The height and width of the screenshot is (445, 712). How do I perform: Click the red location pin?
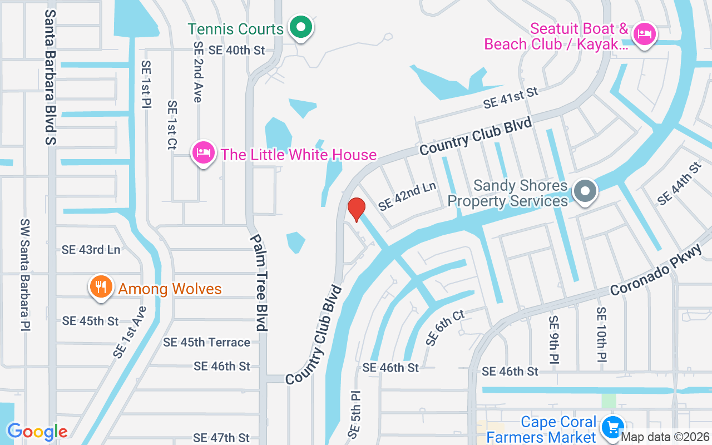point(356,209)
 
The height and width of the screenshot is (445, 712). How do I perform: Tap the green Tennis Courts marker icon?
point(301,27)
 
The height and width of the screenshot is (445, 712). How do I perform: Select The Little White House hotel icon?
point(204,152)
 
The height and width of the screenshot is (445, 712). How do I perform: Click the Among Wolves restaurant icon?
point(101,287)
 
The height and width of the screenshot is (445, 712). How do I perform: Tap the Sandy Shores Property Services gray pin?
point(585,192)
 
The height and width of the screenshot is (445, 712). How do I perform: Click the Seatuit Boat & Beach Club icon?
point(645,33)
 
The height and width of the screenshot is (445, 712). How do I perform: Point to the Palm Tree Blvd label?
point(259,282)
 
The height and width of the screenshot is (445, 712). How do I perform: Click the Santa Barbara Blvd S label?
point(51,76)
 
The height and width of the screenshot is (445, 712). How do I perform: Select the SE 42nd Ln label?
point(407,196)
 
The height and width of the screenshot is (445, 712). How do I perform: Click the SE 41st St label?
point(511,97)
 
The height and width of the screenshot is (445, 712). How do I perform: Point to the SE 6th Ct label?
point(445,328)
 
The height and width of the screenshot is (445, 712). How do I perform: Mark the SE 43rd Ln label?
point(91,250)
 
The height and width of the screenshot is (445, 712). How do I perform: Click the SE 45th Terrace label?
point(206,343)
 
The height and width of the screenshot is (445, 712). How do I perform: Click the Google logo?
point(37,432)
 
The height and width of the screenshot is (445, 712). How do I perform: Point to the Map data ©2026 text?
point(665,437)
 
